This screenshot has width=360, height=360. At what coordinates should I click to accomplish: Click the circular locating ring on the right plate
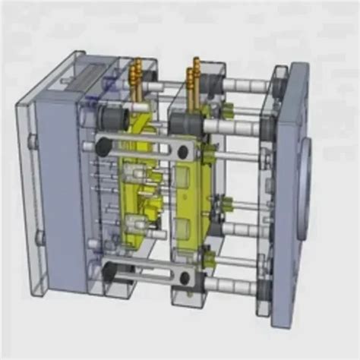tap(304, 182)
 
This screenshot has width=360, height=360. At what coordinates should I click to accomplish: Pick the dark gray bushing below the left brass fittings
tap(115, 118)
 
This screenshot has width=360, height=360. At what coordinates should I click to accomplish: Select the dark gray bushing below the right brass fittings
tap(182, 122)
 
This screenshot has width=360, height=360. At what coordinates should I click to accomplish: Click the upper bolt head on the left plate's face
tap(32, 141)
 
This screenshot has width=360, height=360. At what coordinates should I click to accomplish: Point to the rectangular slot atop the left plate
tap(91, 71)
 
